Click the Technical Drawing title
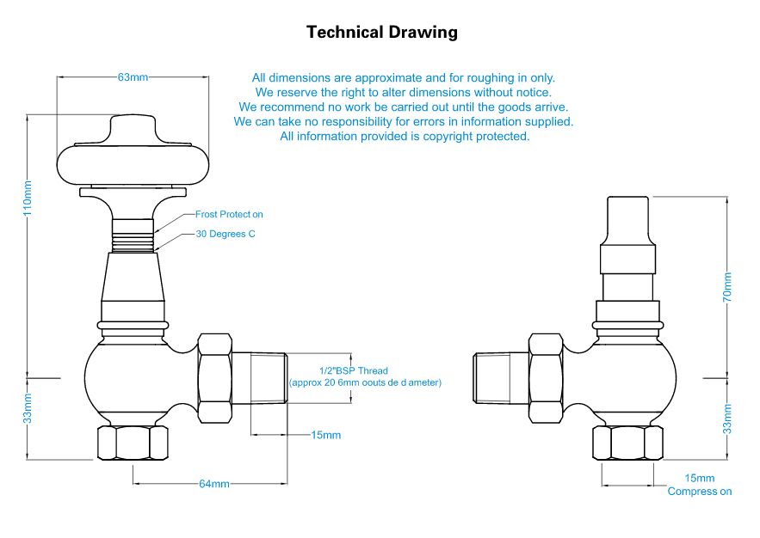(x=382, y=33)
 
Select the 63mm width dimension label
(x=133, y=77)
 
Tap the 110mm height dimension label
(x=28, y=199)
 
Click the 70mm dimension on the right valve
(x=727, y=286)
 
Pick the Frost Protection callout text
(x=229, y=215)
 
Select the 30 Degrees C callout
(x=226, y=234)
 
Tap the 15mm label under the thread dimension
(x=325, y=435)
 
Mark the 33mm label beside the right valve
(x=727, y=419)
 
